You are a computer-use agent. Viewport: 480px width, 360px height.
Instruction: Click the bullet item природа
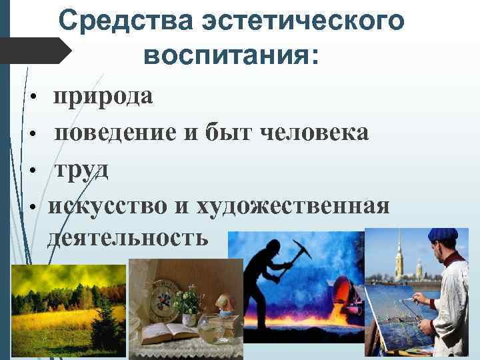pos(103,97)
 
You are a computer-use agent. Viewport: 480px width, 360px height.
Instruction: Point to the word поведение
pos(114,133)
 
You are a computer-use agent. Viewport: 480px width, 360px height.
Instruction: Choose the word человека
pos(313,133)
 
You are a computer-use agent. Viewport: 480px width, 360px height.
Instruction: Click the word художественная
pos(293,206)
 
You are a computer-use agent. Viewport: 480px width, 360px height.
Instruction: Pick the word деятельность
pos(127,237)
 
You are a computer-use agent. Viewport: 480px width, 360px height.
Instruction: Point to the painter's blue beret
pos(442,235)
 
